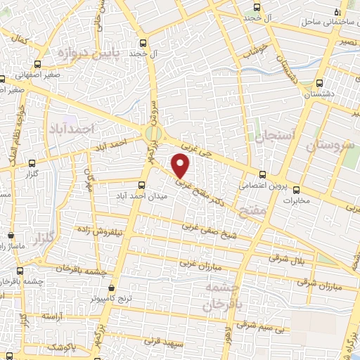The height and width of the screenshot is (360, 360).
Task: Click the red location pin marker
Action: (x=181, y=166)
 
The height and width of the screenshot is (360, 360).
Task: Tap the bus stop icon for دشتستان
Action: (x=320, y=82)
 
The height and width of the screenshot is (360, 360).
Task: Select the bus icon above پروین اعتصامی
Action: (x=262, y=175)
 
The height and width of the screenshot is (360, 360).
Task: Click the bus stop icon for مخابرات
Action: (x=296, y=189)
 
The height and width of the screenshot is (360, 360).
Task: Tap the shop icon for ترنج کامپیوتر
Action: (x=112, y=288)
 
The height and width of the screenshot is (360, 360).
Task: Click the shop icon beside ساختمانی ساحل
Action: (x=339, y=13)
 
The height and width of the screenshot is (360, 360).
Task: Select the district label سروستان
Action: (x=331, y=146)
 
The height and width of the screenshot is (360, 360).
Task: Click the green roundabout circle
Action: (x=153, y=132)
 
